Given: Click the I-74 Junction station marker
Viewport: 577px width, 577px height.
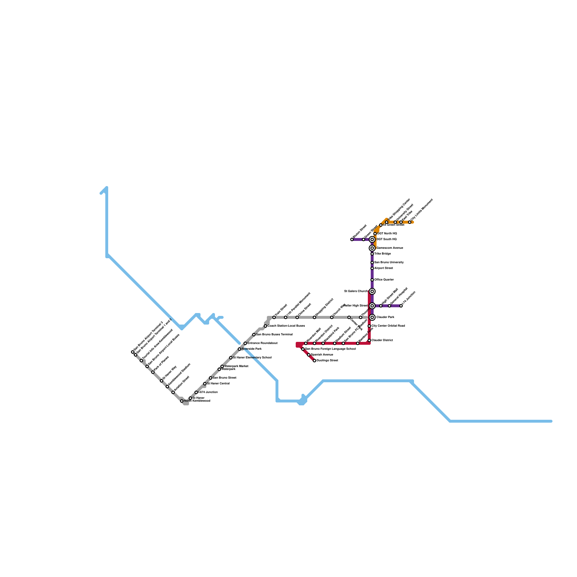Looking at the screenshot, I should click(x=401, y=306).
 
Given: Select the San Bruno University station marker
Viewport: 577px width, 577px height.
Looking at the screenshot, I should click(x=372, y=263).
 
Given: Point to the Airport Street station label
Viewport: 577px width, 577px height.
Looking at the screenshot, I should click(x=384, y=268).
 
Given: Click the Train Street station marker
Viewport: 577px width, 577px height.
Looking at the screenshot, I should click(x=274, y=317).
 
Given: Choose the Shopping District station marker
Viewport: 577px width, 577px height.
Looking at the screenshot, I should click(x=314, y=317).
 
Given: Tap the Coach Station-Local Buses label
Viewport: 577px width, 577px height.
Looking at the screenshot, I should click(x=286, y=326).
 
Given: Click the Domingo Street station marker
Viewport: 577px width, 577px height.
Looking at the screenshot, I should click(x=314, y=361).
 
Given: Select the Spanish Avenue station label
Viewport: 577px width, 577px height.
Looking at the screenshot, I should click(x=322, y=355).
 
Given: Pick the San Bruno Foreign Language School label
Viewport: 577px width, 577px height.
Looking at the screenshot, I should click(x=330, y=349).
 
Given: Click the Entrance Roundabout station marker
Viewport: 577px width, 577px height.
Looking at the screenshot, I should click(x=245, y=343).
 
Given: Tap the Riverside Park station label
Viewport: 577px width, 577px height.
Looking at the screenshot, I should click(x=252, y=349).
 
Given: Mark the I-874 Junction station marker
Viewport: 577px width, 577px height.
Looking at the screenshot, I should click(x=196, y=392).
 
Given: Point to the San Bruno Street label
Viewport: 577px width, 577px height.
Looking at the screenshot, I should click(x=225, y=378).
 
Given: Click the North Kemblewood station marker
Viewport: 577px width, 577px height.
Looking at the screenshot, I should click(x=182, y=401).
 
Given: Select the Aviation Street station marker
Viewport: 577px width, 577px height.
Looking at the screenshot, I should click(x=173, y=392).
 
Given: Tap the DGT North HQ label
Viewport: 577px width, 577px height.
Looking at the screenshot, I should click(x=387, y=234).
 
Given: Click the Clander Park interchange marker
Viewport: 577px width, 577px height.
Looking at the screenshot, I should click(x=372, y=317).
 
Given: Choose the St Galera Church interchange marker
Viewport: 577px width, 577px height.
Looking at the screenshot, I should click(x=372, y=291).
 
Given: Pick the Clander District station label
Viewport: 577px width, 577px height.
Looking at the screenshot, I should click(x=382, y=340).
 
